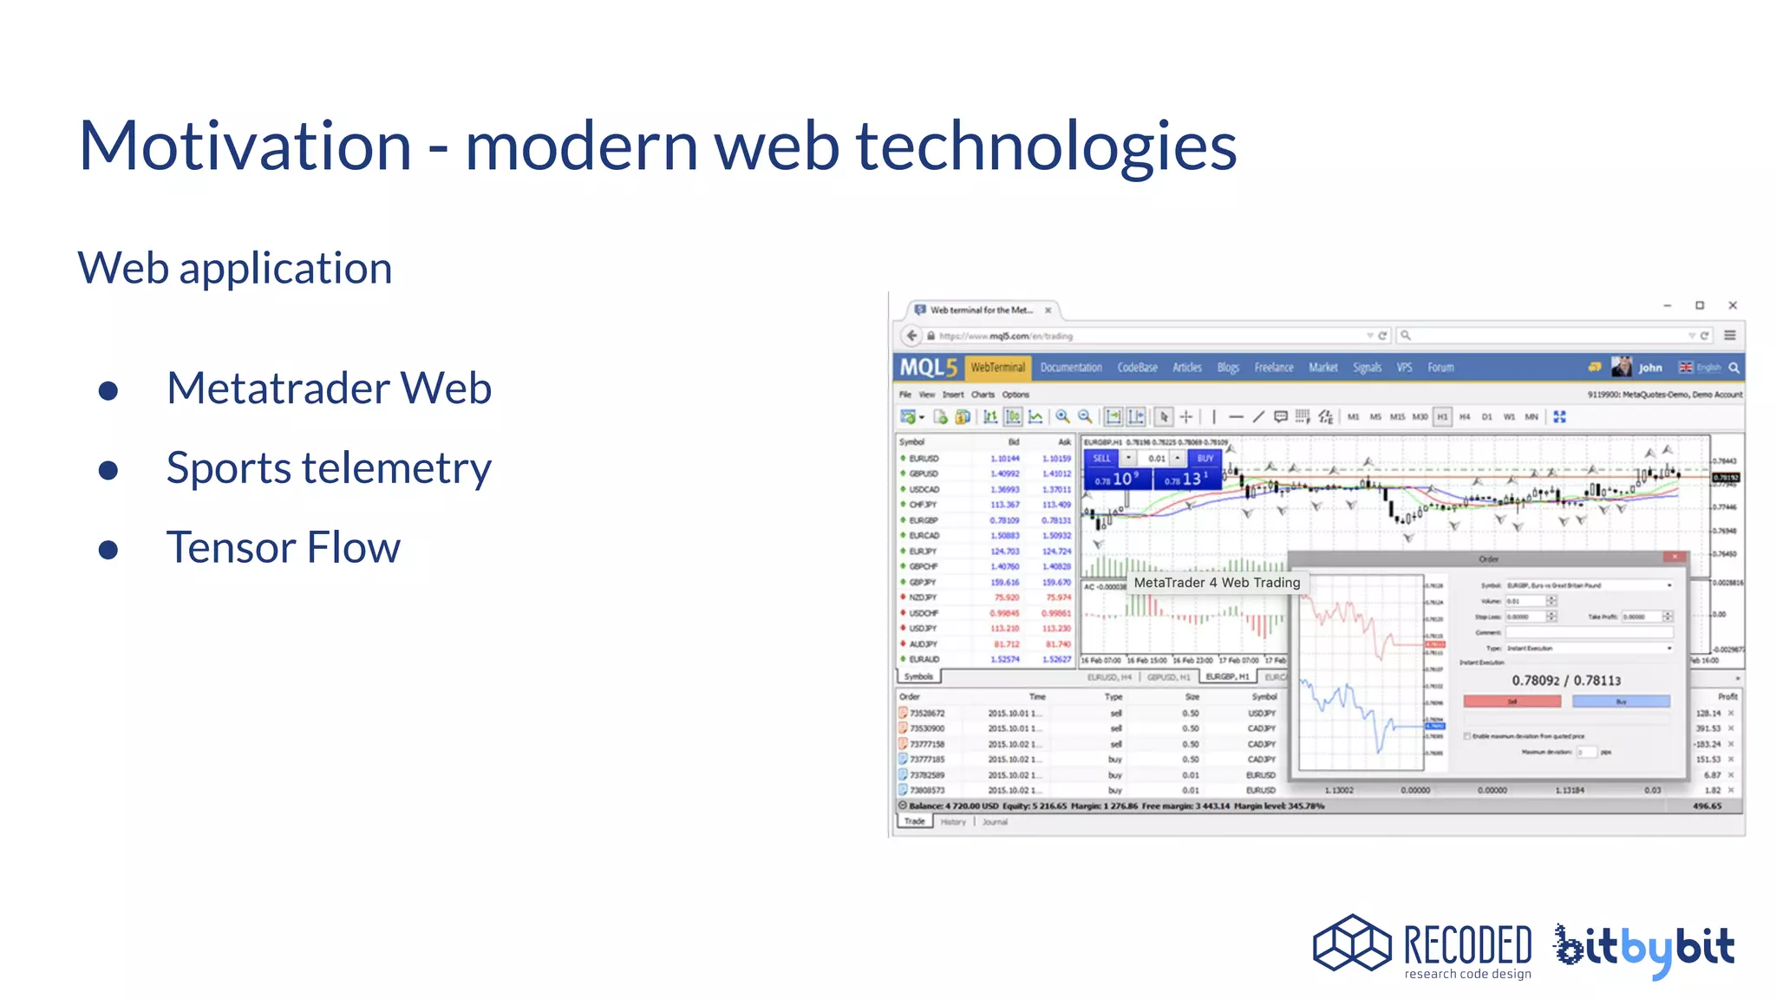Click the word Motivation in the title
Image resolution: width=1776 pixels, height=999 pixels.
point(245,146)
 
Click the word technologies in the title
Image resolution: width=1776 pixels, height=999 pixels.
point(1046,146)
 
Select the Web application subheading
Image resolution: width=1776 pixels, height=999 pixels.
point(235,268)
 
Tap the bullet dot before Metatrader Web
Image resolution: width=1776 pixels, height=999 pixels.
point(108,390)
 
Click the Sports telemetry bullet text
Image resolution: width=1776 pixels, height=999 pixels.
point(329,468)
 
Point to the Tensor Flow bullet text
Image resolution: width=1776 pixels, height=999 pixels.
point(283,548)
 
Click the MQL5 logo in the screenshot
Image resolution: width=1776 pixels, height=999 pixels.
point(927,368)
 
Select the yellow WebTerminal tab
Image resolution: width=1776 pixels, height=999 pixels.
point(997,368)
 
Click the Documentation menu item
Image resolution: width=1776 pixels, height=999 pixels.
point(1071,368)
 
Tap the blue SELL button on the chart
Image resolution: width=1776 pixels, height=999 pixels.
point(1101,458)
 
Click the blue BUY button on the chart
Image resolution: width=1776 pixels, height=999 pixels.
point(1205,458)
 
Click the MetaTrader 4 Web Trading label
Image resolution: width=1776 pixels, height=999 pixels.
point(1217,583)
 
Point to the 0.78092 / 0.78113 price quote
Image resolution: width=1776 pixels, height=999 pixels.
point(1566,681)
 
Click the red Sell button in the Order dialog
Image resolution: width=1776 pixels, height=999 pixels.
point(1512,702)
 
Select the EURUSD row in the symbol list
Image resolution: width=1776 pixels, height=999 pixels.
point(924,459)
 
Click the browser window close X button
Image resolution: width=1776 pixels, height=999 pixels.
point(1732,305)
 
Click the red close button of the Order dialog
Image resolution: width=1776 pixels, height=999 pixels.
point(1675,558)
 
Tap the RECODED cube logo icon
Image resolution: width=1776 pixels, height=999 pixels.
point(1351,943)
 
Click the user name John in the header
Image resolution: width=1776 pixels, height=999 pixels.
point(1649,368)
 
